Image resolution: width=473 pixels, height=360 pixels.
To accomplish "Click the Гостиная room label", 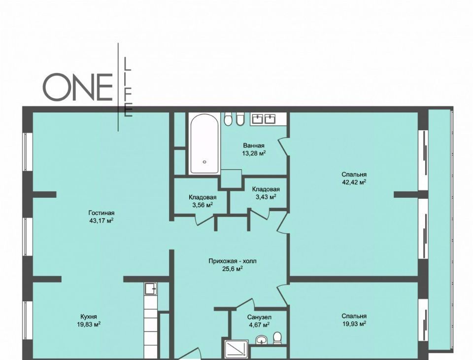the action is coord(101,213).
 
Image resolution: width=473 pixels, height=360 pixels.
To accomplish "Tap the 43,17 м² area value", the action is coord(101,220).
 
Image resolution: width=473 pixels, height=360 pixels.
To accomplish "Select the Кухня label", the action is coord(89,317).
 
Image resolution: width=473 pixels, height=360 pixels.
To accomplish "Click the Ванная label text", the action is coord(254,145).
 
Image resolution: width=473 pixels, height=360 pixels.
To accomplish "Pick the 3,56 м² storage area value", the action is coord(203,205).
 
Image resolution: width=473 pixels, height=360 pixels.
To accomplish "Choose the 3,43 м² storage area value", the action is coord(266,197).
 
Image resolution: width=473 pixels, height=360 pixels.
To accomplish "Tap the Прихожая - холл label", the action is coord(232,261).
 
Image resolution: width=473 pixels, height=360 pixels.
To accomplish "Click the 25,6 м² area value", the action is coord(232,269).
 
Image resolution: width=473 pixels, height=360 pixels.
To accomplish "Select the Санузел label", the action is coord(260,317).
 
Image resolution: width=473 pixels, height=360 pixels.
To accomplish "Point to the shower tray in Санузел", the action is coord(236,350).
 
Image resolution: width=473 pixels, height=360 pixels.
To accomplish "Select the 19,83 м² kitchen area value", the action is coord(89,324).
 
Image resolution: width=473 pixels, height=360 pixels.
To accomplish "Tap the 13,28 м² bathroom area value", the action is coord(254,153).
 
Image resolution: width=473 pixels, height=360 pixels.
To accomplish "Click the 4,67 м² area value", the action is coord(259,325).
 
